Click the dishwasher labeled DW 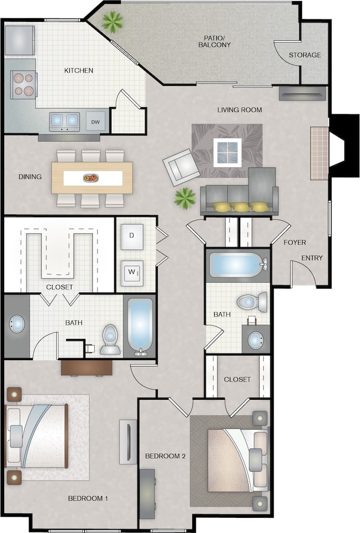95,122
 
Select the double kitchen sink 65,122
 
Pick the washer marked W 132,272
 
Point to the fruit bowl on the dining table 90,178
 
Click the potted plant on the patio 112,21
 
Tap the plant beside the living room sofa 184,198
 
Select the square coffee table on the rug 228,152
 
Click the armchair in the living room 181,167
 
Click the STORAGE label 305,55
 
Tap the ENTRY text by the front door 312,258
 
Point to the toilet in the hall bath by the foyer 252,302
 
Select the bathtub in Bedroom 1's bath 140,325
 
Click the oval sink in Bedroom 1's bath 17,324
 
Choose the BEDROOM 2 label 165,456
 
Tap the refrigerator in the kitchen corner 20,40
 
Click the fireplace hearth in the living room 319,153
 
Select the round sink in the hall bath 255,340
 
